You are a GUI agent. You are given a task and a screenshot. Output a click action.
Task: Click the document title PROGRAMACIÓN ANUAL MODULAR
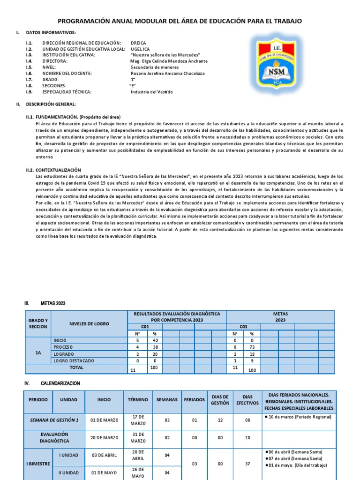180,21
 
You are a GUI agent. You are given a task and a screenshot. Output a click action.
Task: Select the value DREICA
139,43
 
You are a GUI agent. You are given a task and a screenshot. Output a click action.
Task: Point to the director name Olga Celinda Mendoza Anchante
169,61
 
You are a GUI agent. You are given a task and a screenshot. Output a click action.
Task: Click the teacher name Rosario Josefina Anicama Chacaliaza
167,73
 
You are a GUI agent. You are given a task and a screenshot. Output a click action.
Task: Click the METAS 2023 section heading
53,303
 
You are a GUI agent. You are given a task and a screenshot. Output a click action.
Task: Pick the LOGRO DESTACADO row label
74,360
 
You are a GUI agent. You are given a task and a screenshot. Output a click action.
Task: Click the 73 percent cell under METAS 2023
252,347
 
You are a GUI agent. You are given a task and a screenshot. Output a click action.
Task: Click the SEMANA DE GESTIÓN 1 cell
54,420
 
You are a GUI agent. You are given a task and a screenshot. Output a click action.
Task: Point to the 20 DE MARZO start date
105,438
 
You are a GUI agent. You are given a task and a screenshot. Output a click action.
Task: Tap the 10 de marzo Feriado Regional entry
299,417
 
